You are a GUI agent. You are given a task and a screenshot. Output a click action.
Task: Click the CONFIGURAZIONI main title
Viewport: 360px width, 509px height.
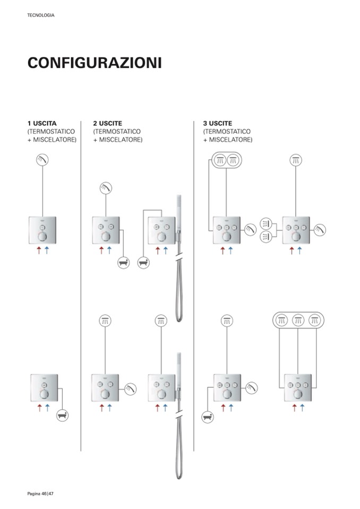tap(95, 63)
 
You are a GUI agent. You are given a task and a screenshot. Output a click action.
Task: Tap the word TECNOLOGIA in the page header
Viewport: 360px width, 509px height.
tap(41, 15)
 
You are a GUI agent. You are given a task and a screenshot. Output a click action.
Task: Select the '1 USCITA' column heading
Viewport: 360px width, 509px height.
tap(42, 123)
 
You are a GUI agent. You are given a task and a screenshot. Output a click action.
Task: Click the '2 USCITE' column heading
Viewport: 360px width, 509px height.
tap(107, 123)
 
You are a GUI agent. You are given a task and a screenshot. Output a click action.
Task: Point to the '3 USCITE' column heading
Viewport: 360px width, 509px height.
tap(218, 123)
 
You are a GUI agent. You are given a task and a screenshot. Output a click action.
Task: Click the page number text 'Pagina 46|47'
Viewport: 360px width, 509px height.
tap(40, 494)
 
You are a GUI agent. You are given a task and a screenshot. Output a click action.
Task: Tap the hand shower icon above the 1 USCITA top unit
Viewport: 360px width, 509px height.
tap(42, 160)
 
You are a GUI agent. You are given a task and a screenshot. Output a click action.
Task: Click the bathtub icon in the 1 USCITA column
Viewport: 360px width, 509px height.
tap(62, 415)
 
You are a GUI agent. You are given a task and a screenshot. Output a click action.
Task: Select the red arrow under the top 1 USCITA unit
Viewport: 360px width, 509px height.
tap(39, 250)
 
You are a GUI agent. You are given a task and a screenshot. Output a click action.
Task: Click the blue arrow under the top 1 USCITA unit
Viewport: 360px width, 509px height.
tap(47, 250)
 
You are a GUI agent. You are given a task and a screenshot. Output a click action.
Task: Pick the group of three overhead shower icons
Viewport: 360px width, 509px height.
tap(298, 321)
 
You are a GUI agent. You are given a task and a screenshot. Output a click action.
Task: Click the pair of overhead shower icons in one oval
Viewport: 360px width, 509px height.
tap(227, 160)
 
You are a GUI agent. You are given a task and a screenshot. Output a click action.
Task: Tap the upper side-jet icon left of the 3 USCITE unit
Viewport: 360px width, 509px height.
tap(266, 223)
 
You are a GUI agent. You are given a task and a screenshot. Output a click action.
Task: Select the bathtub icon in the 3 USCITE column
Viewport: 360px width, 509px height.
tap(208, 417)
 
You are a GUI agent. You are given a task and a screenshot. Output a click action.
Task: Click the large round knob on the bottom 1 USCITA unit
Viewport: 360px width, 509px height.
tap(44, 394)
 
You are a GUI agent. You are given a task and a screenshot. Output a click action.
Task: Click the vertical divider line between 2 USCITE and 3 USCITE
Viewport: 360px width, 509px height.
tap(194, 286)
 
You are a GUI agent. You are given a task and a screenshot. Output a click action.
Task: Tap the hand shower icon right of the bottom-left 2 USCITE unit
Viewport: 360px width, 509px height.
tap(130, 389)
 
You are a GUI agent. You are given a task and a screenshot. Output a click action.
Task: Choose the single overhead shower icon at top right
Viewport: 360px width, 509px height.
tap(295, 160)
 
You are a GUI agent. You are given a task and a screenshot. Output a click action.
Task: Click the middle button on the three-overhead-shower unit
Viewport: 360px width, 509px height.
tap(298, 385)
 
